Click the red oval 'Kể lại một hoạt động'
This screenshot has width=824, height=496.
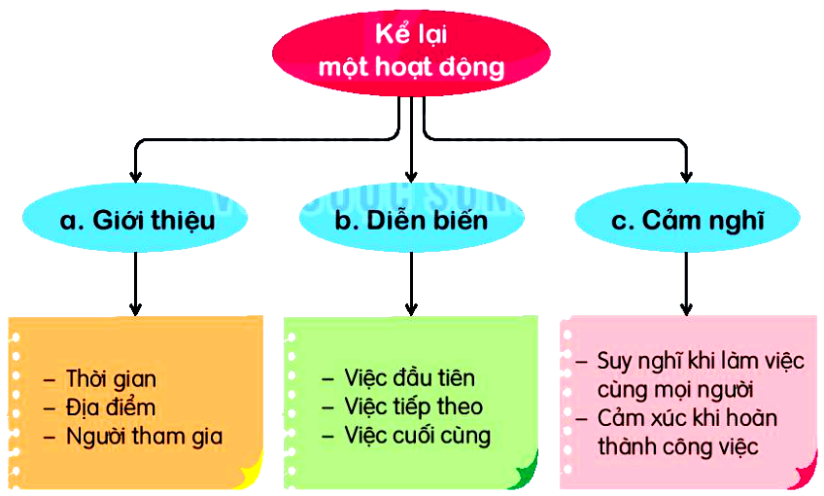(x=412, y=53)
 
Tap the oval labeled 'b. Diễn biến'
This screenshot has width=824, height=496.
(x=411, y=222)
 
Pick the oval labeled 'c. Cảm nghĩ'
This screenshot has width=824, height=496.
(x=687, y=222)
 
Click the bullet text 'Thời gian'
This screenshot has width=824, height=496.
(x=111, y=378)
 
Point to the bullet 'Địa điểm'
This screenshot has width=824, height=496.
(x=110, y=407)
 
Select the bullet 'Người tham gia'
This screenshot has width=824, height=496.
(x=144, y=436)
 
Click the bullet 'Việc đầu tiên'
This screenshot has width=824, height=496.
(x=409, y=377)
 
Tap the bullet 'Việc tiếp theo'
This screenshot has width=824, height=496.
(x=413, y=407)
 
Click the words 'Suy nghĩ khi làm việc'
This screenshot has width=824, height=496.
(x=701, y=362)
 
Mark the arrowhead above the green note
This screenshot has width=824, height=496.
(x=411, y=308)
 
